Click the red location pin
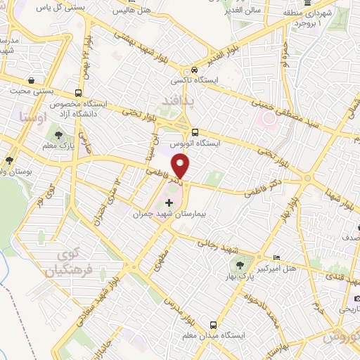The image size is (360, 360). point(181,167)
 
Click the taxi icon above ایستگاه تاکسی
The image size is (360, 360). point(194,70)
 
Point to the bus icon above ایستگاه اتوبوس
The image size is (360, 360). point(195,131)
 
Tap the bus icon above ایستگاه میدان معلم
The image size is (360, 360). point(212,325)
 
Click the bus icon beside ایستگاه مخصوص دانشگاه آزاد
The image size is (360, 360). point(77,93)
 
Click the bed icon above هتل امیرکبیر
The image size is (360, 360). point(276,257)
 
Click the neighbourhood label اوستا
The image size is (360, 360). point(34,118)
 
